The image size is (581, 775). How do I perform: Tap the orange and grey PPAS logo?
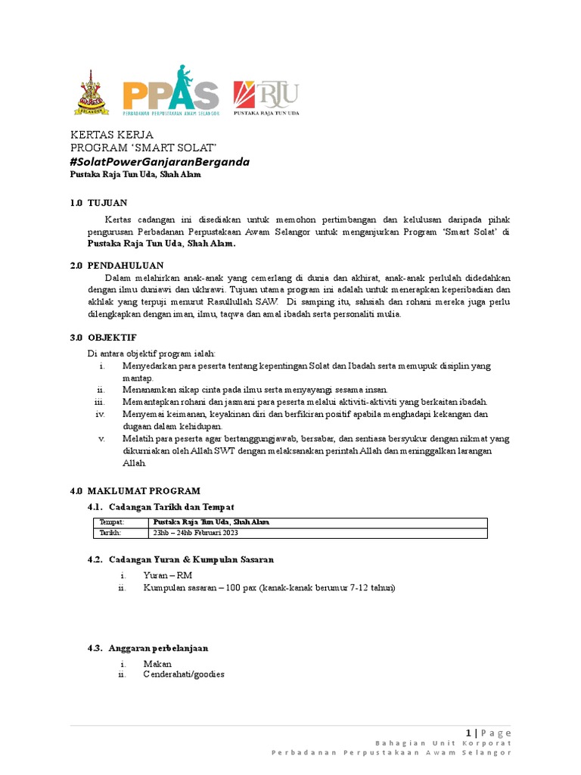pyautogui.click(x=171, y=92)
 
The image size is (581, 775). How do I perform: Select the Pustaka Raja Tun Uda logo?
pyautogui.click(x=266, y=95)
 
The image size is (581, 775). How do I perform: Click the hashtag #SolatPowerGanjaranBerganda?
pyautogui.click(x=160, y=162)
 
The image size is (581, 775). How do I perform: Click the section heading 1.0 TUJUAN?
pyautogui.click(x=99, y=204)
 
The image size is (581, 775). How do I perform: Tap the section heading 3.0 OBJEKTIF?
pyautogui.click(x=104, y=337)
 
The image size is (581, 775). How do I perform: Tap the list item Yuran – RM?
pyautogui.click(x=168, y=575)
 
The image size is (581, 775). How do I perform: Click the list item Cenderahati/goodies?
pyautogui.click(x=184, y=674)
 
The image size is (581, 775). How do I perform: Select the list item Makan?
pyautogui.click(x=158, y=664)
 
